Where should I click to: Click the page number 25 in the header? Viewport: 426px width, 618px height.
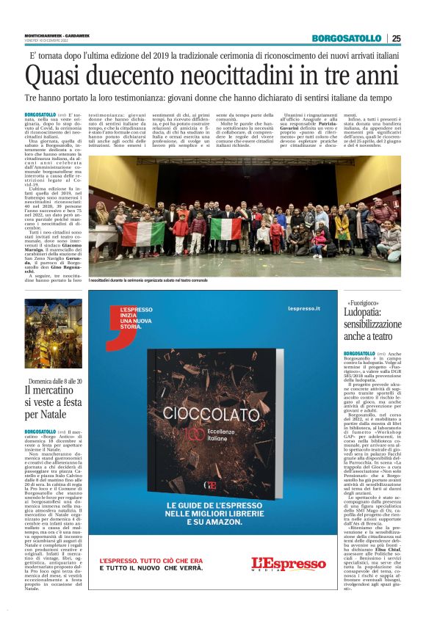pyautogui.click(x=396, y=38)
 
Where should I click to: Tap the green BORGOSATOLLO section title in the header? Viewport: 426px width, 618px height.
pyautogui.click(x=347, y=38)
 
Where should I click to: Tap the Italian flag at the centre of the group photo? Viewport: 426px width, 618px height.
pyautogui.click(x=225, y=228)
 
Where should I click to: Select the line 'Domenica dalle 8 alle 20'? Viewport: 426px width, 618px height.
pyautogui.click(x=55, y=382)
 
